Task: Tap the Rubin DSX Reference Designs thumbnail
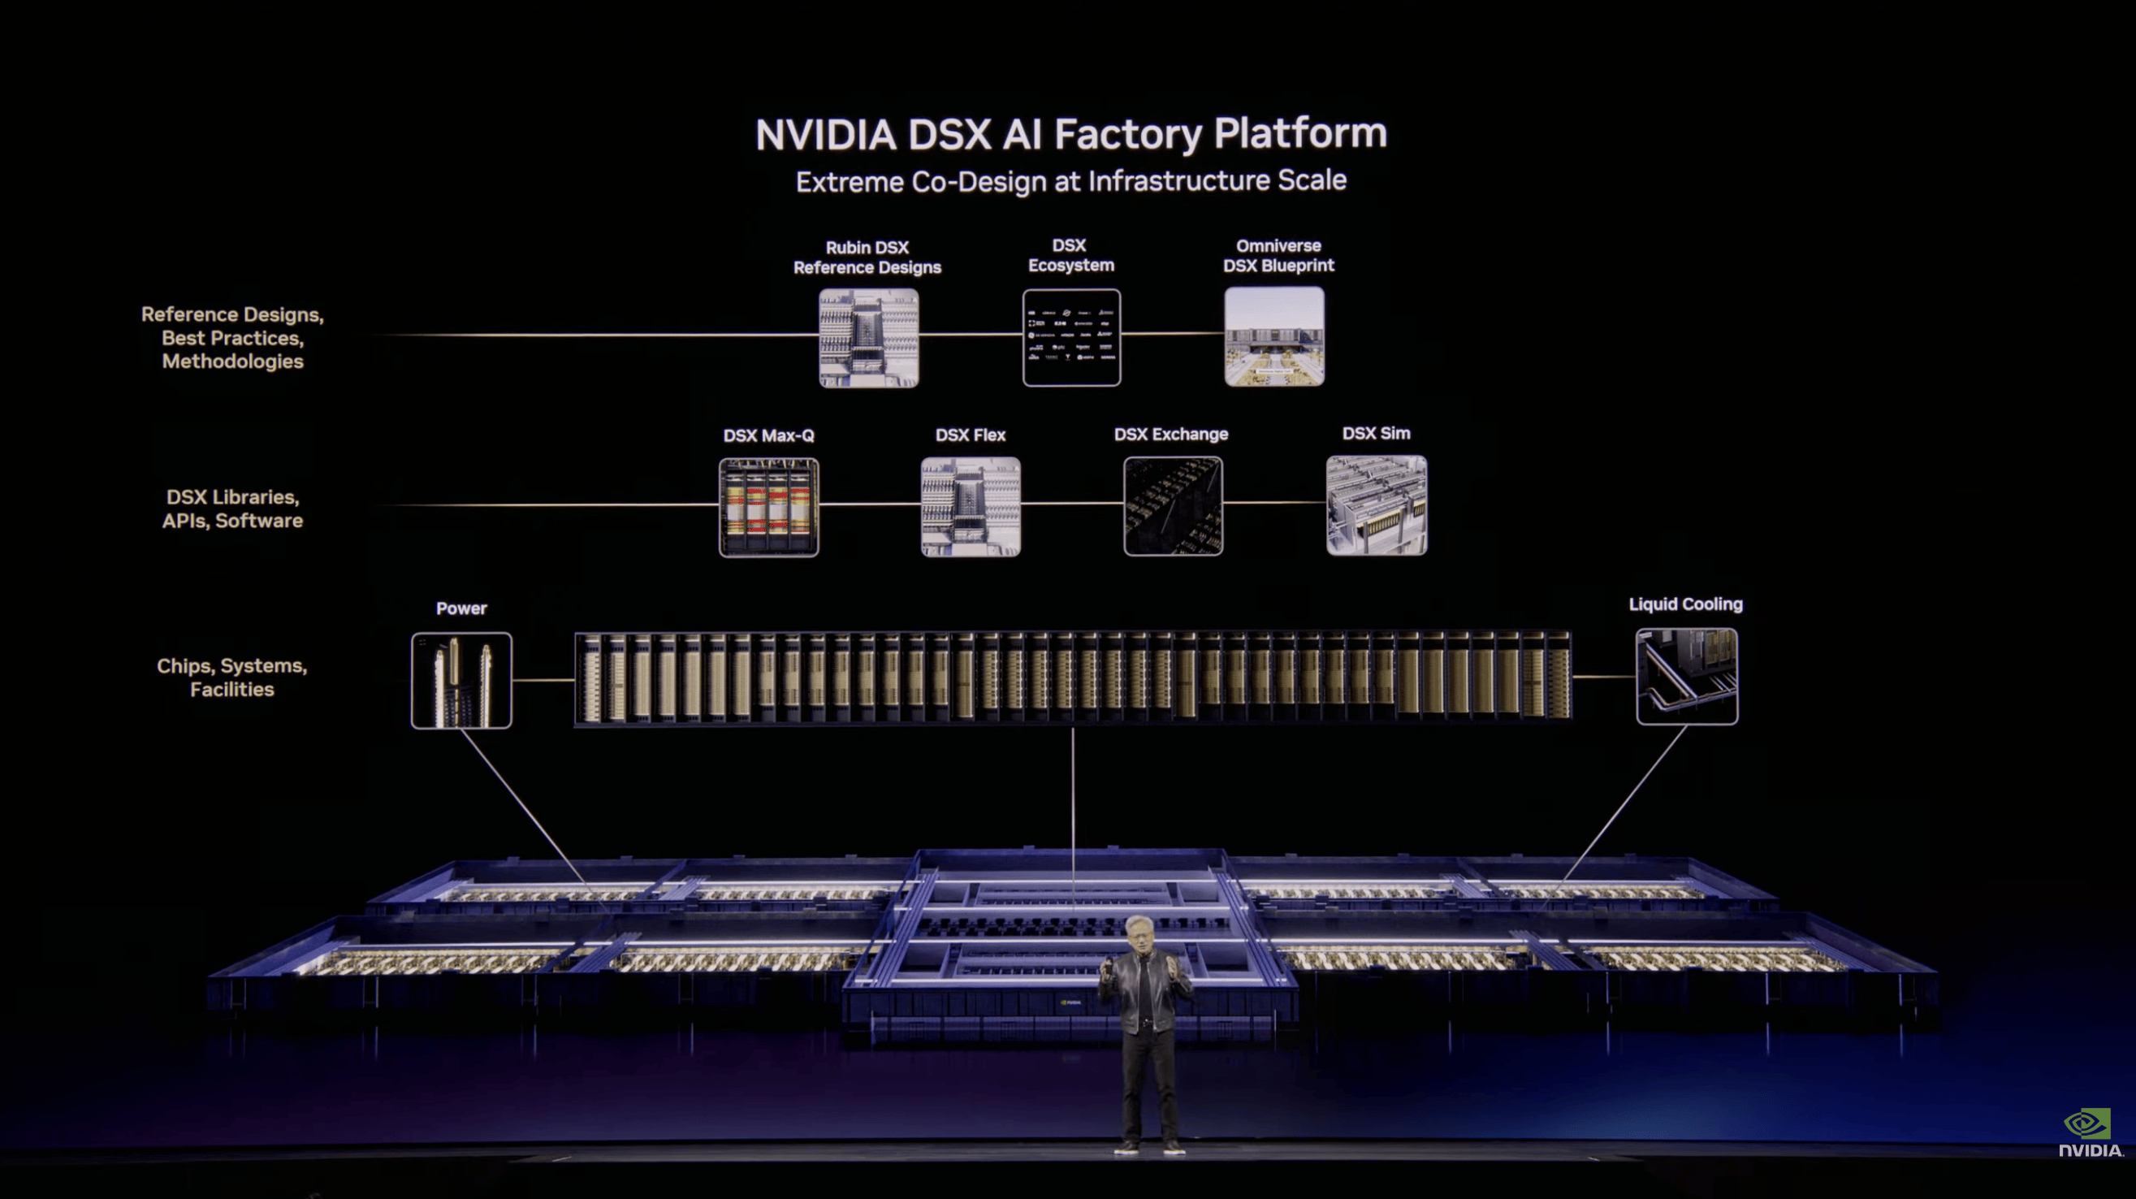tap(868, 337)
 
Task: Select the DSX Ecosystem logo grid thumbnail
tap(1071, 337)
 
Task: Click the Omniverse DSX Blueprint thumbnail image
tap(1274, 336)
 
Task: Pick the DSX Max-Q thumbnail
tap(768, 507)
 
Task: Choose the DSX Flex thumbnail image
tap(971, 506)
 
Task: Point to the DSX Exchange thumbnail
tap(1173, 506)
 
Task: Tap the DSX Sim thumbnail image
tap(1377, 505)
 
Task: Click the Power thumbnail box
tap(461, 681)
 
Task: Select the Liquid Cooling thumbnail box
tap(1687, 677)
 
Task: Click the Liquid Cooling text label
tap(1686, 604)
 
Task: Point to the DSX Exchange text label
tap(1171, 435)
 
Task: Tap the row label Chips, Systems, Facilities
tap(232, 677)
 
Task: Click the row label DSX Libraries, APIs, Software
tap(232, 509)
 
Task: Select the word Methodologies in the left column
tap(233, 361)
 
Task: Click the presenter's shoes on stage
tap(1149, 1149)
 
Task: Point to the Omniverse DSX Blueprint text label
tap(1278, 255)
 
